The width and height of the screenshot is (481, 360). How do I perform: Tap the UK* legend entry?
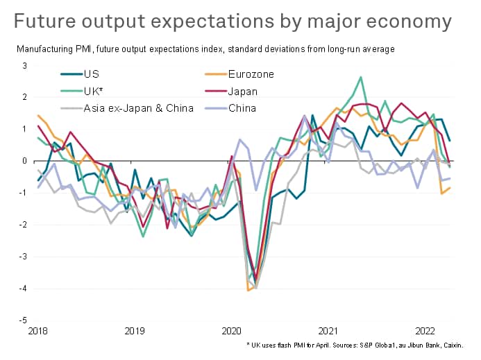(92, 91)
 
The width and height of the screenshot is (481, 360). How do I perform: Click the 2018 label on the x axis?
(38, 332)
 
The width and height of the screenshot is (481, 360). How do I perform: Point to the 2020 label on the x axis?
(230, 332)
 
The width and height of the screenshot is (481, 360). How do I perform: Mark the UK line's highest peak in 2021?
(361, 77)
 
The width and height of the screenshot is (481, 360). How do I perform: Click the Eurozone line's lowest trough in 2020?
(248, 290)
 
